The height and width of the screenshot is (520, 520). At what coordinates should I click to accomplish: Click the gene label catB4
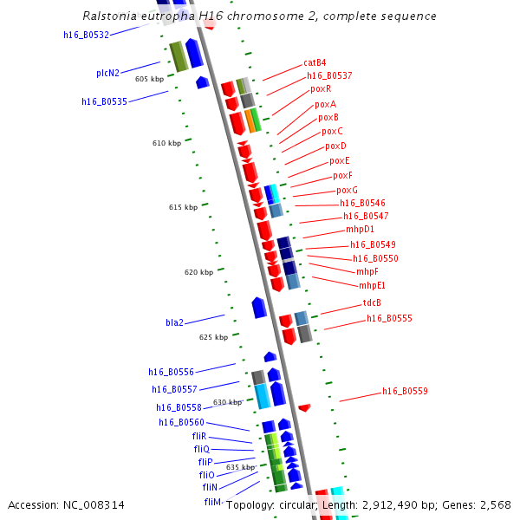pos(315,62)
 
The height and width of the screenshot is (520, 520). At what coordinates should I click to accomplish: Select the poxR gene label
pos(321,88)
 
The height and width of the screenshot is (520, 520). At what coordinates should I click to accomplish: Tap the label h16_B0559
pos(405,392)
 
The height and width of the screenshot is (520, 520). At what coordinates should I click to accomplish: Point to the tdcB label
pos(372,303)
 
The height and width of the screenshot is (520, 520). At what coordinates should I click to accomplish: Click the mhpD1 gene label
pos(360,230)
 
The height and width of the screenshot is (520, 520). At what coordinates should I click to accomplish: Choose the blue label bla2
pos(174,322)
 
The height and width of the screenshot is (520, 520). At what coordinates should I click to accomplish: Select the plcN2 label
pos(107,74)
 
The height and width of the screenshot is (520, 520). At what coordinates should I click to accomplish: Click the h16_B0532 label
pos(87,36)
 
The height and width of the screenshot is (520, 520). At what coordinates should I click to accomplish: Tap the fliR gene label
pos(199,436)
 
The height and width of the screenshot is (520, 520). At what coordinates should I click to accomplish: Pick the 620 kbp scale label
pos(198,272)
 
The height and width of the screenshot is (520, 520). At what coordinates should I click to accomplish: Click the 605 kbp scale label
pos(149,79)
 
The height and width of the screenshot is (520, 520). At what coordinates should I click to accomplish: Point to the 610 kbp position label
pos(166,143)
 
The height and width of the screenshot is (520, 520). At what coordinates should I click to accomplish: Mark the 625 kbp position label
pos(213,337)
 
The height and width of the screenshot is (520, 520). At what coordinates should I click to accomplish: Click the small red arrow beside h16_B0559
pos(304,407)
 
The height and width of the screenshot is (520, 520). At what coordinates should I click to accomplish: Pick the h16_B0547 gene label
pos(366,217)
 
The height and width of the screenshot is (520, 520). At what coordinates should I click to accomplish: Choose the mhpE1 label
pos(373,285)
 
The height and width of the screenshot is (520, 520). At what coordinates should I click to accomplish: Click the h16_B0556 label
pos(171,372)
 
